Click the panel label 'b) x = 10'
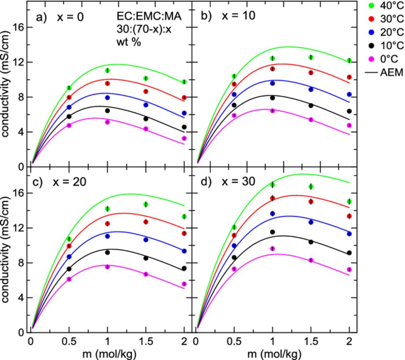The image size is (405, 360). pos(228,16)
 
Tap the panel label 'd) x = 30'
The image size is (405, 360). pos(228,182)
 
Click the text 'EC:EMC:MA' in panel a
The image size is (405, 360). pos(149,16)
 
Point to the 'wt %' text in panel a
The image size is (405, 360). pos(128,42)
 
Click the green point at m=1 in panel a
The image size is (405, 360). pos(108,70)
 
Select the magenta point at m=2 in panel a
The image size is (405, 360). pos(184,138)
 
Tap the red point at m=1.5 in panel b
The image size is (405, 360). pos(311,73)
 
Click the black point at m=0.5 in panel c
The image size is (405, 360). pos(69,269)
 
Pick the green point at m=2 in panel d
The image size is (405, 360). pos(349,201)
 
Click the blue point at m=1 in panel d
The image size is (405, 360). pos(272,214)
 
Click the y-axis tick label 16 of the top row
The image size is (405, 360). pos(18,28)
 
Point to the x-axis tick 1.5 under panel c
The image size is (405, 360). pos(146,342)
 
